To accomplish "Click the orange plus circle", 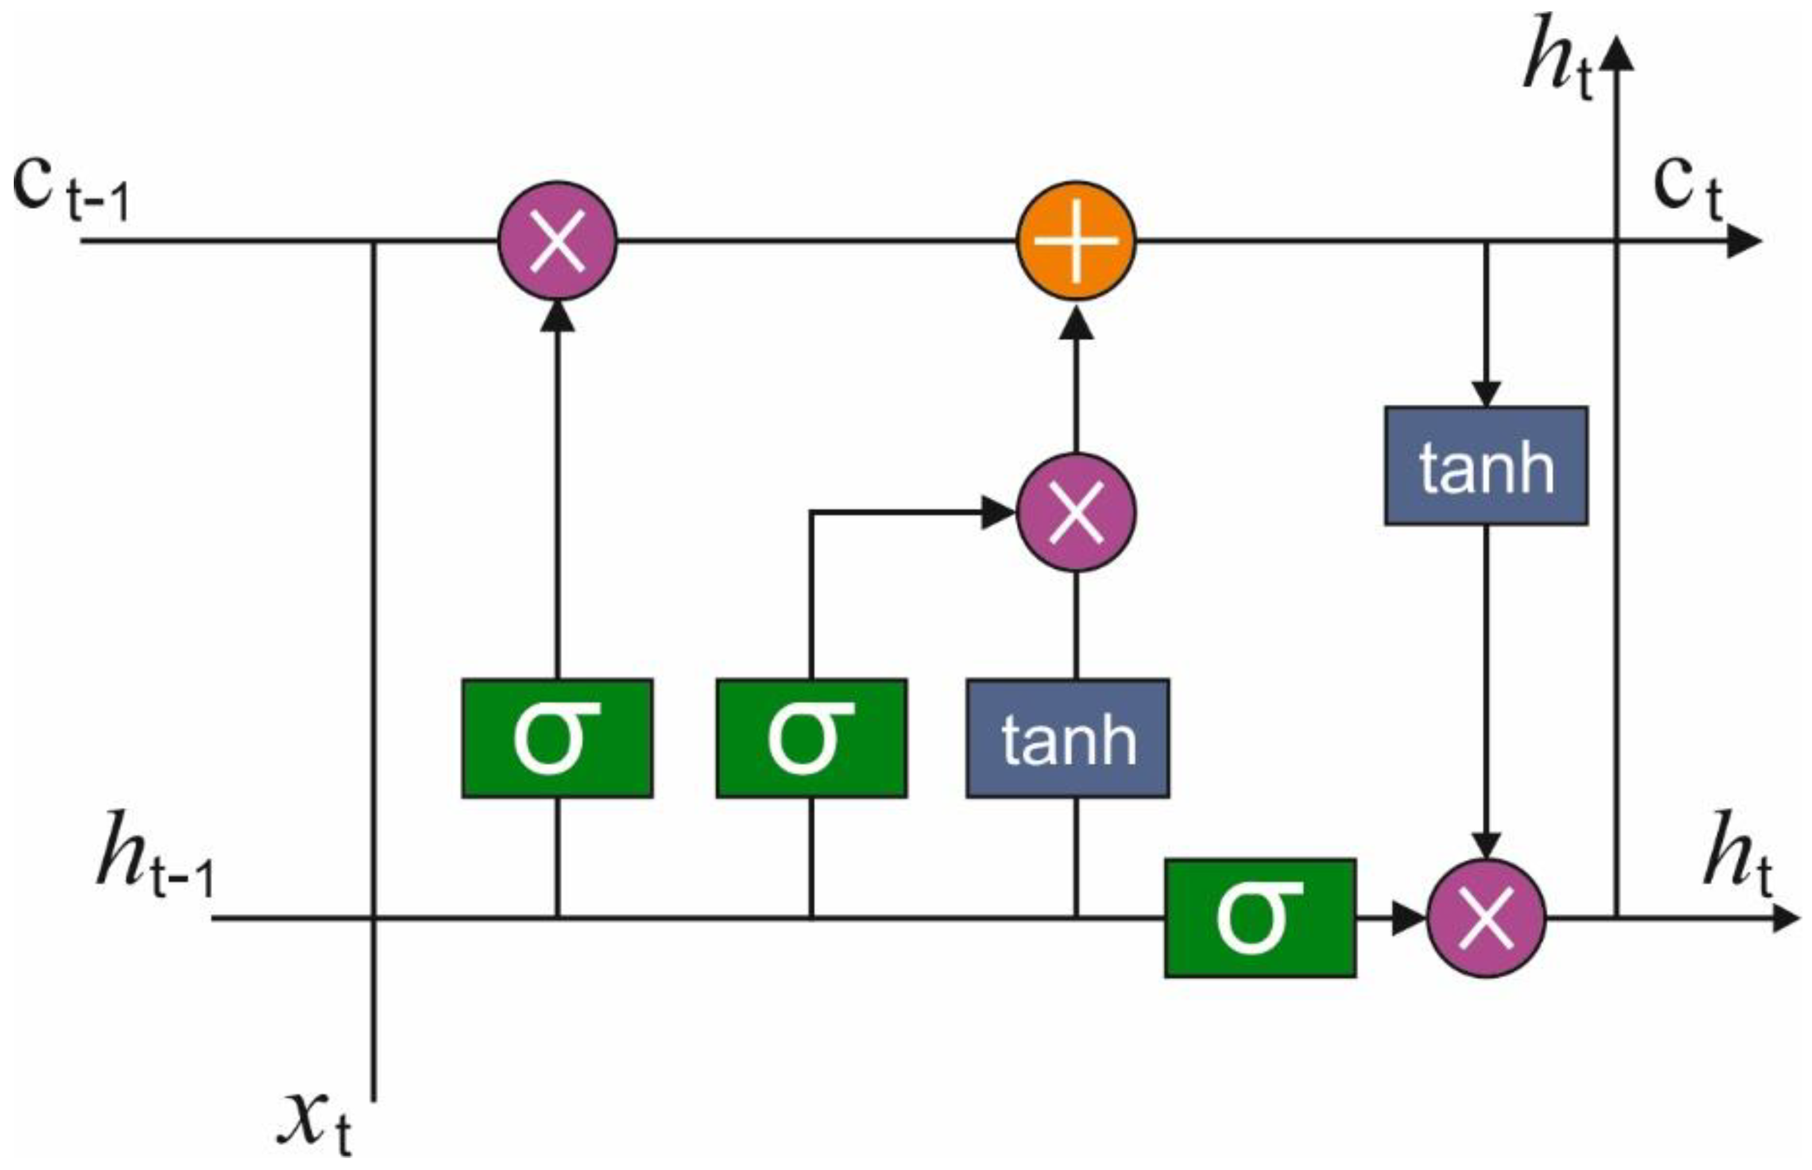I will point(1075,241).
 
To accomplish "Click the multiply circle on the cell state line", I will point(557,241).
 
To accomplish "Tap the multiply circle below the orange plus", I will point(1075,511).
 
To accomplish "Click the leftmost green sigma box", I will point(557,738).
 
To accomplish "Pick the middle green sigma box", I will point(811,738).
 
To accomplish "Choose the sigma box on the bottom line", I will point(1259,918).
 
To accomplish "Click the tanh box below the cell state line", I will point(1486,466).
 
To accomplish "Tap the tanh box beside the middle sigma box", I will point(1067,738).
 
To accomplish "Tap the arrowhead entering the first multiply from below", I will point(557,316).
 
